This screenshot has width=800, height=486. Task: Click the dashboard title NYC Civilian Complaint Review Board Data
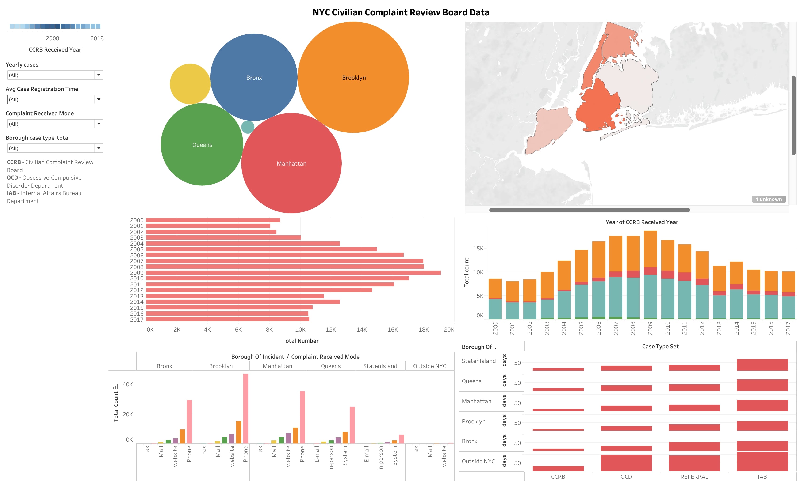point(401,12)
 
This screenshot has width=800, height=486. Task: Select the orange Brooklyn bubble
point(353,77)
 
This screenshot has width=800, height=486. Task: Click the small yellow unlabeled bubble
point(190,84)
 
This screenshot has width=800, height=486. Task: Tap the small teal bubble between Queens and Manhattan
point(248,127)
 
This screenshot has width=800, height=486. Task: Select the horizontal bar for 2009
point(293,272)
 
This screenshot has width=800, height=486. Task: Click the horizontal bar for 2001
point(208,226)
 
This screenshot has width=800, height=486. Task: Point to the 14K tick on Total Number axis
point(361,330)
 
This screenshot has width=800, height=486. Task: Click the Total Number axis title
point(300,341)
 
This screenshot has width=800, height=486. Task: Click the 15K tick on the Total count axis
point(478,249)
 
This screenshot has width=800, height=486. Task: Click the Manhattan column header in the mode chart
point(277,366)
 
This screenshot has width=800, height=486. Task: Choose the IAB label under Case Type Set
point(762,477)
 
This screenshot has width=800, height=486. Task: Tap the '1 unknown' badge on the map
point(769,199)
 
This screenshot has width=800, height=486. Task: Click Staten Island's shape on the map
point(549,130)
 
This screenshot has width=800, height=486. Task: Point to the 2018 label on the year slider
point(97,38)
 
